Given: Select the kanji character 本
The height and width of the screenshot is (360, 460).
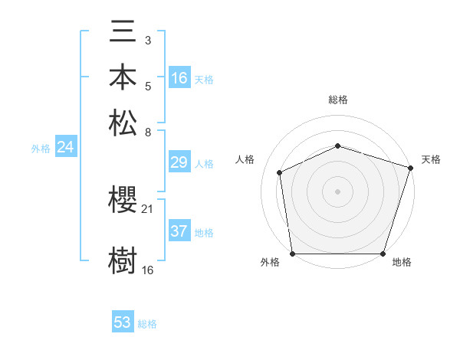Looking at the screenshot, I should click(x=123, y=80).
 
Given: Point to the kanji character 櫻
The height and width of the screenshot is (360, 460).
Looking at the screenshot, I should click(x=123, y=201).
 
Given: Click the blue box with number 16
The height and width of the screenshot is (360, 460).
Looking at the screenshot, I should click(x=179, y=78).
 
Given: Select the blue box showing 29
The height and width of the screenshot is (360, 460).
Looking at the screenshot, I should click(x=179, y=162).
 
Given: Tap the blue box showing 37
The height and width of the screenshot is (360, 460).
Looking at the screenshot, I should click(x=179, y=232).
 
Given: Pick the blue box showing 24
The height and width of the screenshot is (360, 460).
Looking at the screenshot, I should click(x=65, y=148).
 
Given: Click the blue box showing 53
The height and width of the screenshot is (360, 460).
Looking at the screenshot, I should click(x=123, y=322).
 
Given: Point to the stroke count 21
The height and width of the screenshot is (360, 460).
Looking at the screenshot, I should click(x=148, y=209).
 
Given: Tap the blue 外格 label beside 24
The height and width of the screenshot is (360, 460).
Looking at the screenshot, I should click(x=41, y=149).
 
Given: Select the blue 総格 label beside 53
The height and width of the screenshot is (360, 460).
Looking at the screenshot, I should click(x=147, y=324).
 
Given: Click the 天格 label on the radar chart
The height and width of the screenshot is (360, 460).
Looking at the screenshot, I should click(x=431, y=159).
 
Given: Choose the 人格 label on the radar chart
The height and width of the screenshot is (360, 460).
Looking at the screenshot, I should click(x=245, y=159).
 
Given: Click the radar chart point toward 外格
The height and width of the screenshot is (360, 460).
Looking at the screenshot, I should click(x=292, y=254).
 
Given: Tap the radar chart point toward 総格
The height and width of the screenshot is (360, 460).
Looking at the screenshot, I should click(x=337, y=146).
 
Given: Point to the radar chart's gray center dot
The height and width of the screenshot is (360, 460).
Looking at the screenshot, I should click(x=337, y=191).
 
